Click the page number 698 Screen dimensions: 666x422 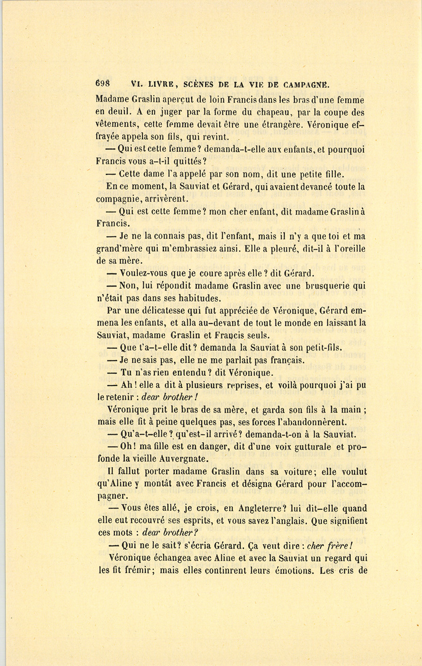[102, 84]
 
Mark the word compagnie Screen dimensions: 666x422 [118, 199]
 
